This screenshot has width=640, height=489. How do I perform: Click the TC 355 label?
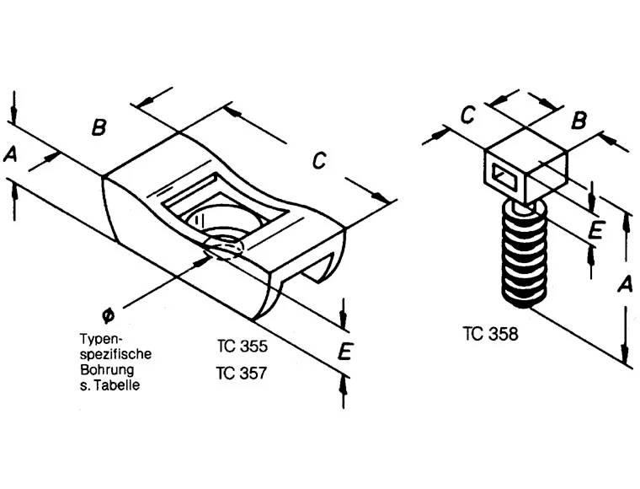pyautogui.click(x=241, y=345)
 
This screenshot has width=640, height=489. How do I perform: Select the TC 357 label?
pyautogui.click(x=241, y=372)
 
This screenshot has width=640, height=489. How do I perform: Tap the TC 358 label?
pyautogui.click(x=490, y=333)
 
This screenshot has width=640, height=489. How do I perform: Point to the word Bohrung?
pyautogui.click(x=106, y=369)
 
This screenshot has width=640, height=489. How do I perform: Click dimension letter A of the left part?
pyautogui.click(x=11, y=154)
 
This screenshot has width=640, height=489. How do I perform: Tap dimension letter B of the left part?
pyautogui.click(x=99, y=128)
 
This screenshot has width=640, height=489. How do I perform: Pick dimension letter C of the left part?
pyautogui.click(x=319, y=159)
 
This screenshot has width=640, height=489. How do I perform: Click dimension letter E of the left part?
pyautogui.click(x=344, y=353)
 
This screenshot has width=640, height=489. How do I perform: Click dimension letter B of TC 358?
pyautogui.click(x=579, y=121)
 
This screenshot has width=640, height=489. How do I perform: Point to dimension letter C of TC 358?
pyautogui.click(x=469, y=116)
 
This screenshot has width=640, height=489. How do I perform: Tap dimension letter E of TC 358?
pyautogui.click(x=595, y=230)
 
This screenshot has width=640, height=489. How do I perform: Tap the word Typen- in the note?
pyautogui.click(x=97, y=338)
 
